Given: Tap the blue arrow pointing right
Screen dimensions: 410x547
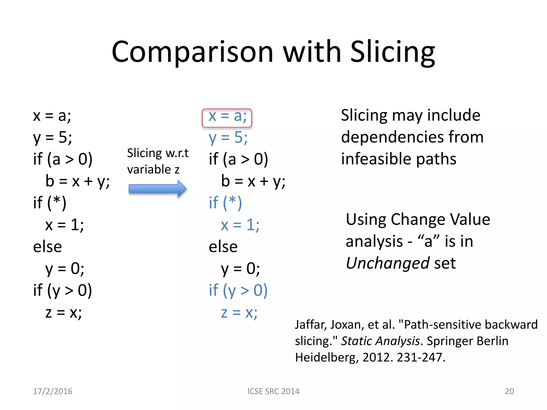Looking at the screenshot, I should click(157, 189).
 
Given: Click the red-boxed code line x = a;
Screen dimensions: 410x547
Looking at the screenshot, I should click(227, 117).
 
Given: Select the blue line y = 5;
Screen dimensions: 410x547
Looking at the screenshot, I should click(228, 138).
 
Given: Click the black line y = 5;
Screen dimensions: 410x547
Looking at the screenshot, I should click(52, 138).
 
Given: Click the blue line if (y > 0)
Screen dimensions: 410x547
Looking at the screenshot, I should click(238, 290).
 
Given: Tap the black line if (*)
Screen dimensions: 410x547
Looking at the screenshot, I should click(50, 203).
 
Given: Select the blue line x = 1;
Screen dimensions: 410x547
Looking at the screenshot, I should click(240, 225).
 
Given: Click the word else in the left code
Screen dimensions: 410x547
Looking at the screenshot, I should click(47, 247).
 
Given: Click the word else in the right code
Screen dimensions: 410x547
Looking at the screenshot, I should click(223, 247).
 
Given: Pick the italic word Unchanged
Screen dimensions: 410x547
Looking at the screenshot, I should click(388, 263).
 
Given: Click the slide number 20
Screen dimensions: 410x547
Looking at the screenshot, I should click(509, 391).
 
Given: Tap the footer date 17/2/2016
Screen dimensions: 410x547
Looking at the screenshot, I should click(53, 391).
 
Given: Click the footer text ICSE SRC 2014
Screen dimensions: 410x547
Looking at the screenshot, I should click(273, 391).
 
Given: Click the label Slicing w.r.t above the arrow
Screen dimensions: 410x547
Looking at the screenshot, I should click(158, 153).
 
